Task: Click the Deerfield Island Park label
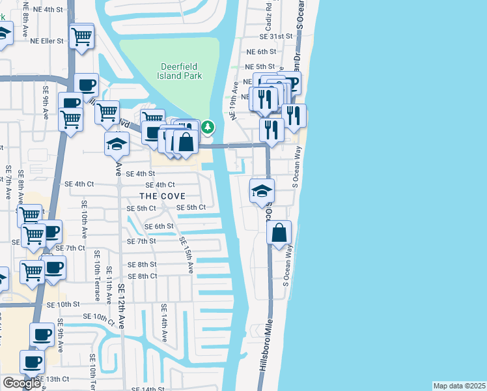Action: coord(182,71)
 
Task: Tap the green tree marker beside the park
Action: coord(208,126)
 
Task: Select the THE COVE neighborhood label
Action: coord(162,195)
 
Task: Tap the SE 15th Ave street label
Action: coord(186,254)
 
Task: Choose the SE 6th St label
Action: coord(159,226)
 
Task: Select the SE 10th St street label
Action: coord(63,304)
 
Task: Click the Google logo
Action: coord(21,383)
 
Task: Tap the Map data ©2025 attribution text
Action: coord(459,385)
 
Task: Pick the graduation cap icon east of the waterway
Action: coord(262,191)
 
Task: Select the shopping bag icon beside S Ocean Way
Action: coord(279,233)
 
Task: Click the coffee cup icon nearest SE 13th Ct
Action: coord(31,361)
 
